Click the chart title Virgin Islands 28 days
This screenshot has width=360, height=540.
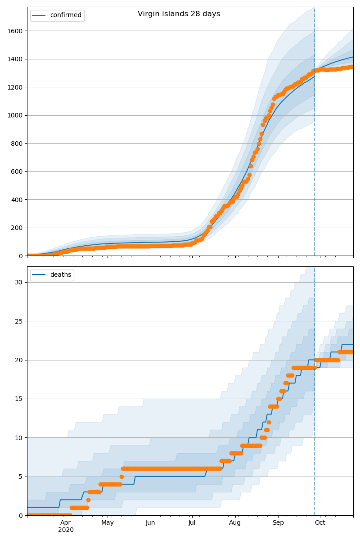coord(179,14)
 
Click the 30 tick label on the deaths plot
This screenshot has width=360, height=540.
coord(19,282)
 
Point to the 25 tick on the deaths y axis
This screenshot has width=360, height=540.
coord(19,321)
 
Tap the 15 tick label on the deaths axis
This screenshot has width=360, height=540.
coord(19,399)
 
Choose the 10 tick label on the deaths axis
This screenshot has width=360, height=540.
coord(19,438)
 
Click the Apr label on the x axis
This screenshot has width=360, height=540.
coord(66,522)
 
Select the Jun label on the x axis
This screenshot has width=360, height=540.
coord(150,522)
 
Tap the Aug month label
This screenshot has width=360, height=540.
coord(235,522)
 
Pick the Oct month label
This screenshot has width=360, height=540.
coord(320,522)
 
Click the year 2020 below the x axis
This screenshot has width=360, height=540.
coord(66,530)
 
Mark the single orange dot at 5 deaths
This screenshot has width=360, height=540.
coord(121,477)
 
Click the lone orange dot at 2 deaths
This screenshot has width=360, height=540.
coord(88,500)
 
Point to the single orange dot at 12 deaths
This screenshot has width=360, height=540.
coord(269,422)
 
